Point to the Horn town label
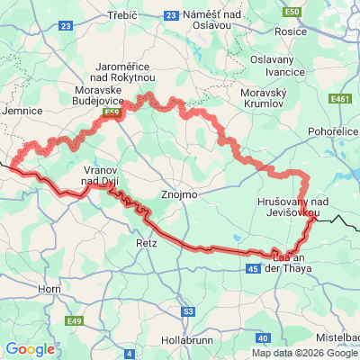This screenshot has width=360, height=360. (49, 289)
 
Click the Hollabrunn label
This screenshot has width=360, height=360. (186, 341)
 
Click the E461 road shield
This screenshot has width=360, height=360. (339, 99)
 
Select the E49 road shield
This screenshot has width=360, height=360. (74, 320)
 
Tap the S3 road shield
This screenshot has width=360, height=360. (187, 311)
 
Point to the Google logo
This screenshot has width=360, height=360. (30, 349)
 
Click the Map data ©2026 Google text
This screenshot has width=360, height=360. (305, 353)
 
